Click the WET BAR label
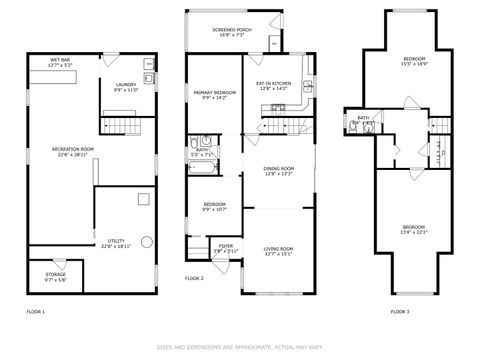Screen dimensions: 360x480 60,60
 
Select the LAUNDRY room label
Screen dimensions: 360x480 125,86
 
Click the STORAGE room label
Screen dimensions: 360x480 56,274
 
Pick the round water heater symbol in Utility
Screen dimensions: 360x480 146,241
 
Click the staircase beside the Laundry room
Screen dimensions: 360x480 118,124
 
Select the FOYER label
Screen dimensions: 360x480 225,246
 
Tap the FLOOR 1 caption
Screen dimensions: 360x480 36,312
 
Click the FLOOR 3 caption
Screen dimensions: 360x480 400,312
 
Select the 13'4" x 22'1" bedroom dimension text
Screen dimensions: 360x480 413,232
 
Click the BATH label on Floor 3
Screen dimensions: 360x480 363,118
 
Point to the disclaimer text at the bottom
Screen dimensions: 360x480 240,347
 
